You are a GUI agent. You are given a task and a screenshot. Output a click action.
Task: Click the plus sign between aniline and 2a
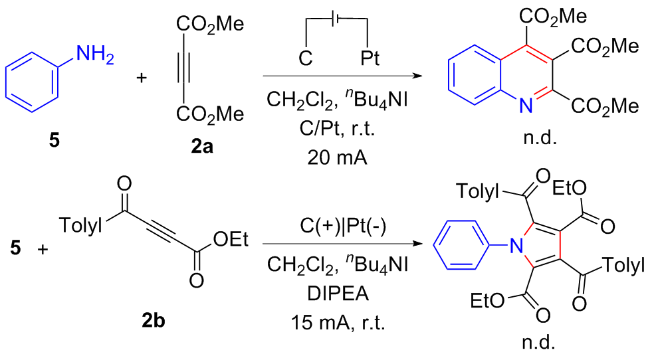[141, 79]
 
